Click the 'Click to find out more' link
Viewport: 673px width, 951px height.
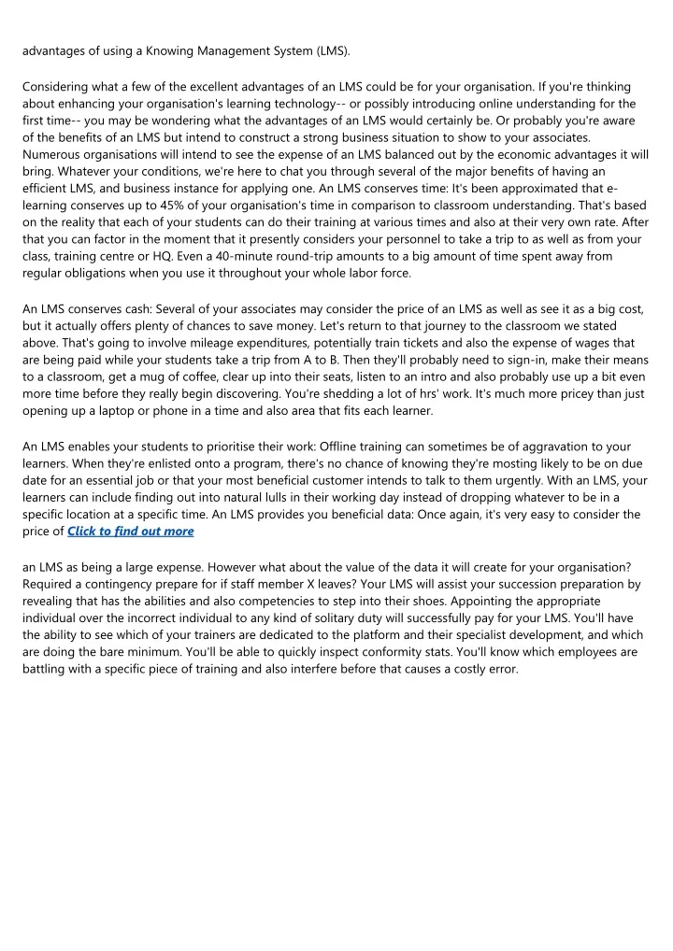click(x=131, y=531)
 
